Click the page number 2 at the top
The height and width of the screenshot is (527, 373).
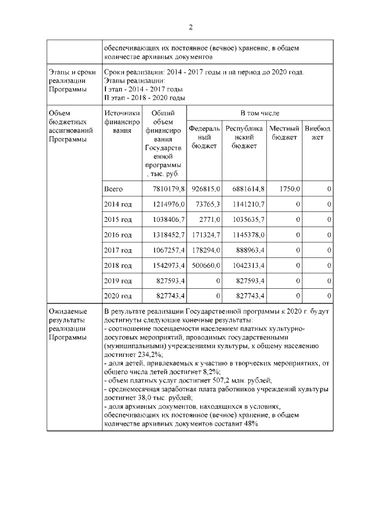(x=190, y=27)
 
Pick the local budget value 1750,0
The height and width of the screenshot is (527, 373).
(x=290, y=189)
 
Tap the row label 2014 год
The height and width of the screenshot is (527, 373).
(x=118, y=204)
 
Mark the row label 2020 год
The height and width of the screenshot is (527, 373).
(x=118, y=296)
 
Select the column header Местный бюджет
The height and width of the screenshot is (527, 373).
(x=285, y=132)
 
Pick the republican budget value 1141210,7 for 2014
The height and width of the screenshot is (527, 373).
(x=245, y=204)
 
